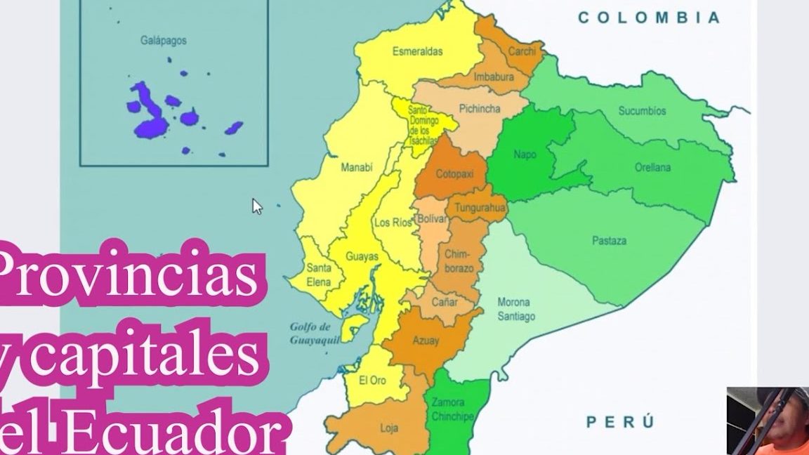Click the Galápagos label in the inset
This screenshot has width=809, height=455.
click(x=163, y=41)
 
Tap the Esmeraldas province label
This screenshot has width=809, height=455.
click(x=417, y=51)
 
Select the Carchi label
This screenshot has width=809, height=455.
click(x=522, y=51)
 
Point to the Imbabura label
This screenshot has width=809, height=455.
click(x=494, y=77)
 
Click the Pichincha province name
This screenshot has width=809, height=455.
click(x=480, y=109)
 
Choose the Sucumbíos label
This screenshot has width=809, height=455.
click(x=642, y=111)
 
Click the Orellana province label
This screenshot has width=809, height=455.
click(x=652, y=168)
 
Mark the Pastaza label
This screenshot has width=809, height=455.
click(x=609, y=241)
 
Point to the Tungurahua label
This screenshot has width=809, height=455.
click(x=480, y=209)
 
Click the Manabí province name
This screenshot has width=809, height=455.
click(x=356, y=168)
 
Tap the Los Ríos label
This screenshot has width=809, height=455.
click(x=393, y=223)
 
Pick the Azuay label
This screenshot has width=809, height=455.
click(x=426, y=341)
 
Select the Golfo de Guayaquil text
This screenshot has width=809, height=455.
click(x=310, y=334)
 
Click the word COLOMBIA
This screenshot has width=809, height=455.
click(x=649, y=18)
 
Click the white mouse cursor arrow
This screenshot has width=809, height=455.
click(x=257, y=206)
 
